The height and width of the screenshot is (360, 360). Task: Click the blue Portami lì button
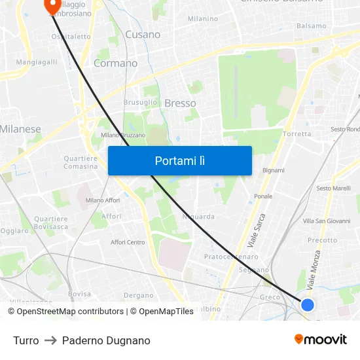(179, 160)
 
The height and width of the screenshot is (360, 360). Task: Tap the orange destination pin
(52, 5)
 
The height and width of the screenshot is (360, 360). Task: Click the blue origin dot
(307, 304)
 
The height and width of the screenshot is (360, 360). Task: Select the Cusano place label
(142, 34)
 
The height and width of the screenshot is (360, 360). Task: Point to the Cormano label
(115, 63)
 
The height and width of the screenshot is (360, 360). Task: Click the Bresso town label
(180, 103)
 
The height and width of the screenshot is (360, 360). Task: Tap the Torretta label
(297, 134)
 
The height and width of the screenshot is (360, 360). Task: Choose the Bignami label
(273, 170)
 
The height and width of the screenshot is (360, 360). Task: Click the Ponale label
(263, 196)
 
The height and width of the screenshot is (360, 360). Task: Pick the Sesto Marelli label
(333, 189)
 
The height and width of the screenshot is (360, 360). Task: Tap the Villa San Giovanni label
(327, 221)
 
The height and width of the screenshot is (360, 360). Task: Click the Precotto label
(322, 240)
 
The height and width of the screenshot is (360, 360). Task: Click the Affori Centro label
(128, 242)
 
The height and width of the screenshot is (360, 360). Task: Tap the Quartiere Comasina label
(81, 162)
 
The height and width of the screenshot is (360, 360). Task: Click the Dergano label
(138, 296)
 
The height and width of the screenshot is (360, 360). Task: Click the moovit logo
(321, 340)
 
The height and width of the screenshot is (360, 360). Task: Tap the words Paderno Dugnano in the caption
(106, 340)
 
